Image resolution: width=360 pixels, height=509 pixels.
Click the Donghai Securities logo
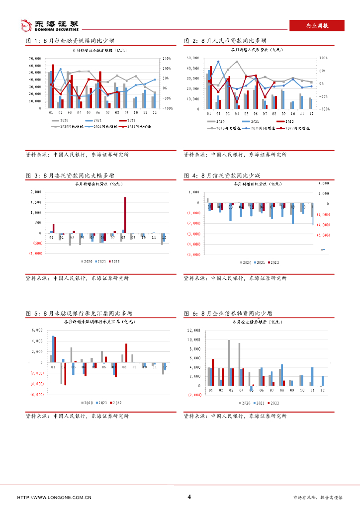click(49, 25)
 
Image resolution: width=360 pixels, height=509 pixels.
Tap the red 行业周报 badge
click(316, 26)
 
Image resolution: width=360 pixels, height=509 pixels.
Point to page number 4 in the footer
click(189, 497)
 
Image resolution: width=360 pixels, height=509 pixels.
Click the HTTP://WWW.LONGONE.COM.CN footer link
click(54, 497)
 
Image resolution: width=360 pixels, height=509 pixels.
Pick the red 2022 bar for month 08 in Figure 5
click(126, 353)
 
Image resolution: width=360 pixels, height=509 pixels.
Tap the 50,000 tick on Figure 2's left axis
click(193, 58)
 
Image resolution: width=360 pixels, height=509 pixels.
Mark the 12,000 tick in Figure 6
click(193, 330)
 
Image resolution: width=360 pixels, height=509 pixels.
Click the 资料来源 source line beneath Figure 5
click(77, 416)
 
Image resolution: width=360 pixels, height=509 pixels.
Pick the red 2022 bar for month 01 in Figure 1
click(53, 86)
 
